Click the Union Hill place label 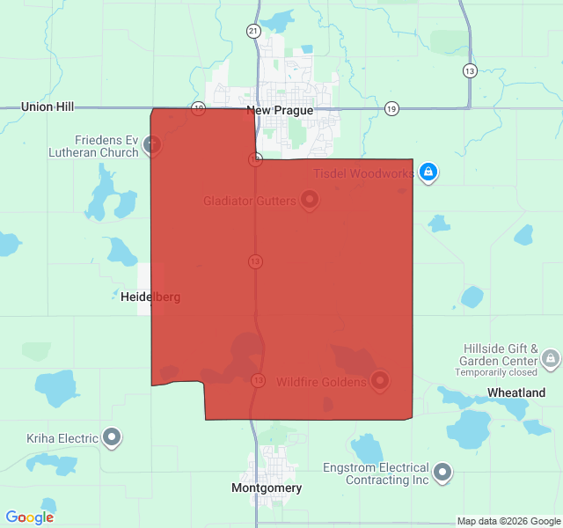click(48, 106)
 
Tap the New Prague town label click(280, 111)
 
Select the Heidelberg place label click(150, 297)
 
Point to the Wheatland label click(516, 392)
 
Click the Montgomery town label click(267, 488)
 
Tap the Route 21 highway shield click(253, 31)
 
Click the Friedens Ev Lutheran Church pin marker click(153, 143)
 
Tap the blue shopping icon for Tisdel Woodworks click(428, 172)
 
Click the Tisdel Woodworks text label click(363, 173)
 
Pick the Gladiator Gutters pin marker click(310, 200)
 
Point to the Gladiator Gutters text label click(250, 202)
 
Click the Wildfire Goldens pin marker click(380, 380)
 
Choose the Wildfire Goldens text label click(321, 382)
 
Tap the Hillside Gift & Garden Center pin click(551, 358)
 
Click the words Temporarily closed click(495, 372)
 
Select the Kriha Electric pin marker click(112, 436)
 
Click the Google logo click(30, 517)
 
